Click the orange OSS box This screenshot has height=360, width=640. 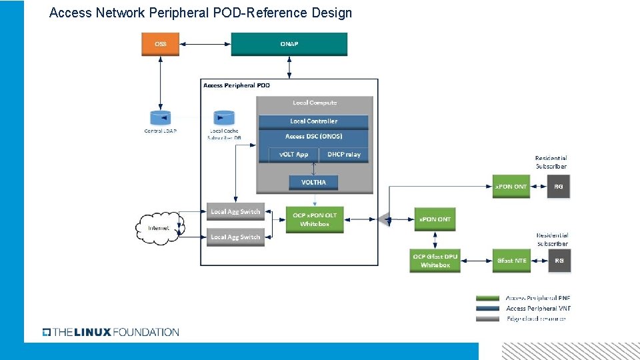pos(161,44)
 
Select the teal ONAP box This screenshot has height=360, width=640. pos(289,44)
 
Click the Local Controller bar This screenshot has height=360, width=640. pos(313,121)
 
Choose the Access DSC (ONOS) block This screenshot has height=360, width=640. pos(313,137)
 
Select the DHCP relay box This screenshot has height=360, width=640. pos(344,155)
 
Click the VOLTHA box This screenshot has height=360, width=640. pos(313,182)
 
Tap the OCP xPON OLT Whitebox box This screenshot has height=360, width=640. pos(315,219)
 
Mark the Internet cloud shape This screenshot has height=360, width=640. pos(159,228)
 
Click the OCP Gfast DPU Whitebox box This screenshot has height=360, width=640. pos(435,261)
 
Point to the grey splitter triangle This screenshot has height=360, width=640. pos(383,219)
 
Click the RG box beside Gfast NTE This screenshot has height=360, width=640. pos(559,261)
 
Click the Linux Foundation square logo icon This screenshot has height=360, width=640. pos(47,332)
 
